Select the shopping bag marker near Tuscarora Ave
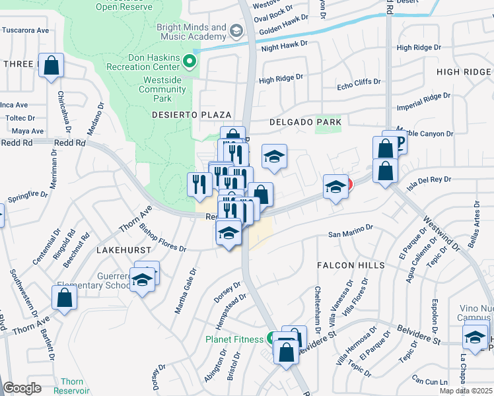pyautogui.click(x=51, y=66)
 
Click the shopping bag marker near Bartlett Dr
pyautogui.click(x=64, y=298)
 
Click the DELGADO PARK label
pyautogui.click(x=305, y=122)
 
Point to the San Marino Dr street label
pyautogui.click(x=351, y=234)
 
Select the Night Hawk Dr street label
pyautogui.click(x=285, y=45)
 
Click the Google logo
pyautogui.click(x=22, y=388)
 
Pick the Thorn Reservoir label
pyautogui.click(x=72, y=386)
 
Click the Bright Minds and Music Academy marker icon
pyautogui.click(x=236, y=31)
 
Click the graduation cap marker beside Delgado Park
pyautogui.click(x=274, y=157)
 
